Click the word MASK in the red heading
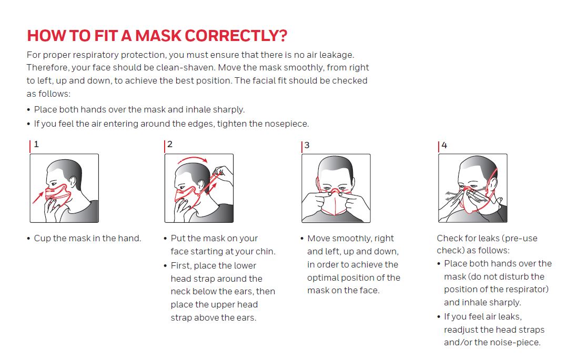pos(158,36)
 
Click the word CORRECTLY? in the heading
pos(236,36)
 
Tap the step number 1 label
pos(36,144)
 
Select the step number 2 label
pos(170,144)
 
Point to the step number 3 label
pos(307,145)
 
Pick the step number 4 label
pos(444,145)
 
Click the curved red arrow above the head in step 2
pos(193,159)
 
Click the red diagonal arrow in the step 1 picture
pos(38,197)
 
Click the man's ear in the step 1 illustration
pos(73,181)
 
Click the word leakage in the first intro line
pos(336,55)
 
